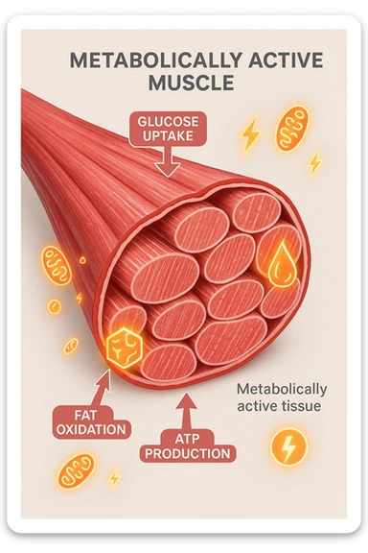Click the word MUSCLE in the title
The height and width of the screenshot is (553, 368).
[x=192, y=83]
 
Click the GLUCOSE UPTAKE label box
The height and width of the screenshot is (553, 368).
[x=168, y=130]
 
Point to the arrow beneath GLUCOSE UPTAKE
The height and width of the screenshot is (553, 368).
[x=168, y=163]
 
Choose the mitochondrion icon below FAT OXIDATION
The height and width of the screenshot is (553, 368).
[x=76, y=471]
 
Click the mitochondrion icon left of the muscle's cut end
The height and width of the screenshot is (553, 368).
[x=56, y=264]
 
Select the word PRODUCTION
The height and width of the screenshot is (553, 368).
[x=188, y=452]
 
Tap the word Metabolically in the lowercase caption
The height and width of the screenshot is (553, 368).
[x=282, y=389]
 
